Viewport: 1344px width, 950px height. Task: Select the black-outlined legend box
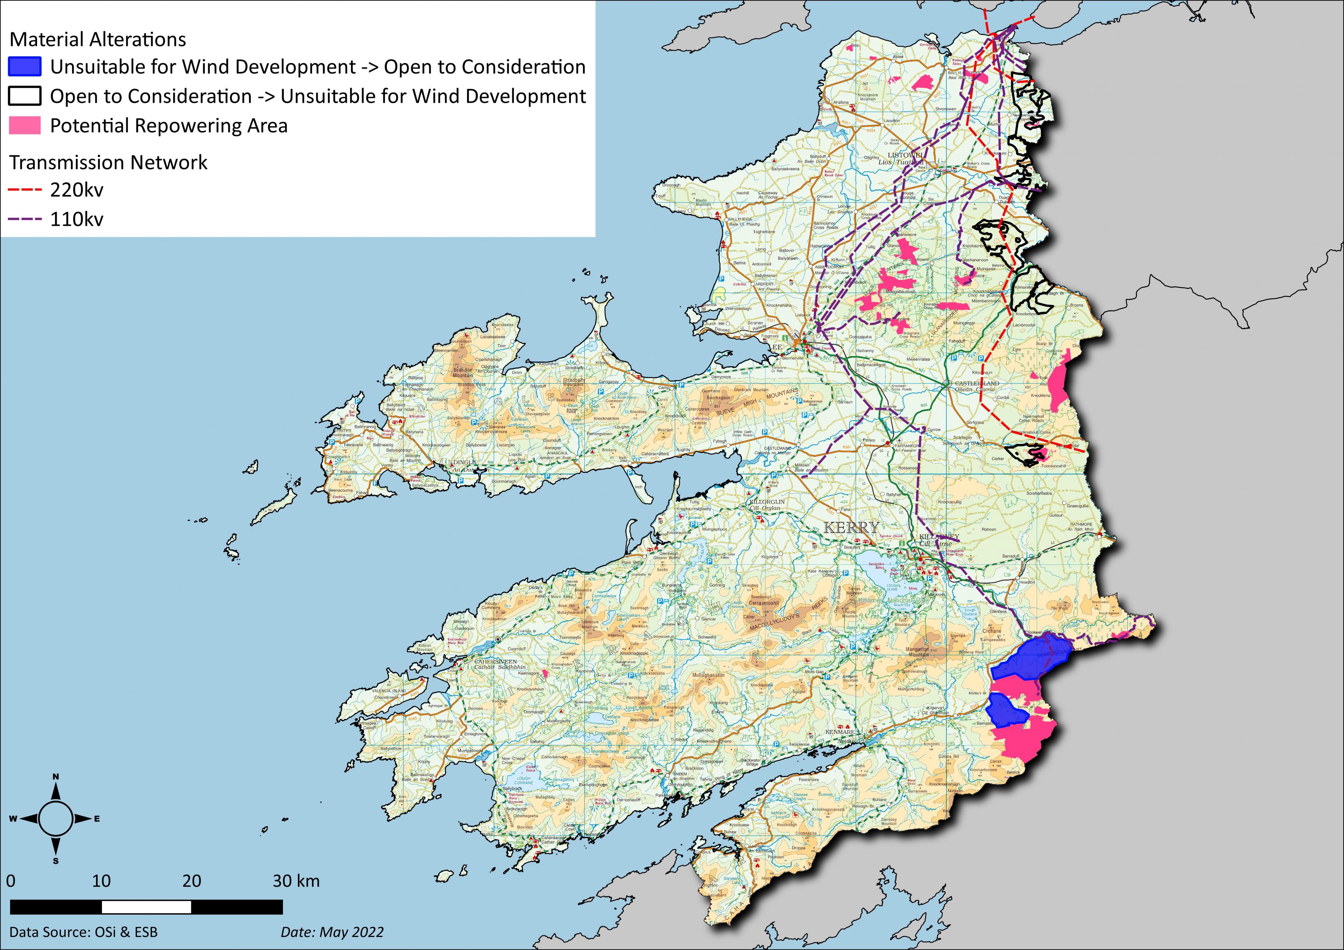(x=25, y=96)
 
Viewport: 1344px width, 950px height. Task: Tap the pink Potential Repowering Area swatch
(x=25, y=125)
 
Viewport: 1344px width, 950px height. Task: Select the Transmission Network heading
(x=108, y=162)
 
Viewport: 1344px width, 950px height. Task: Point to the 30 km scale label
(x=296, y=881)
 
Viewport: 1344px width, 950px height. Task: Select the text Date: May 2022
(x=332, y=932)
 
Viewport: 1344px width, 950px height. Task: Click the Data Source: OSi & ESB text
(x=84, y=932)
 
